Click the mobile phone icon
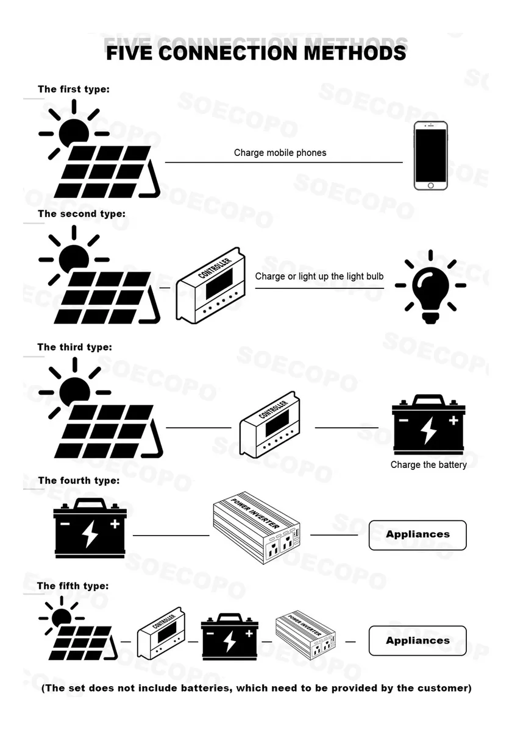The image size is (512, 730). click(430, 155)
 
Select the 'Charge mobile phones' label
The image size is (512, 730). click(280, 152)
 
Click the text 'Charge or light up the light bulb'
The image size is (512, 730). click(319, 276)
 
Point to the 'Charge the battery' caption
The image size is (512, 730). click(428, 465)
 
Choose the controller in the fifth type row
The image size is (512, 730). click(161, 637)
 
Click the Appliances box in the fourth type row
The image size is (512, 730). click(418, 534)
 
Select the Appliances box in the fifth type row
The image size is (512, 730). click(418, 640)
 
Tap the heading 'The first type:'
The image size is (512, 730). click(74, 89)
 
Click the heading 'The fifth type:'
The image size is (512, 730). click(73, 586)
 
